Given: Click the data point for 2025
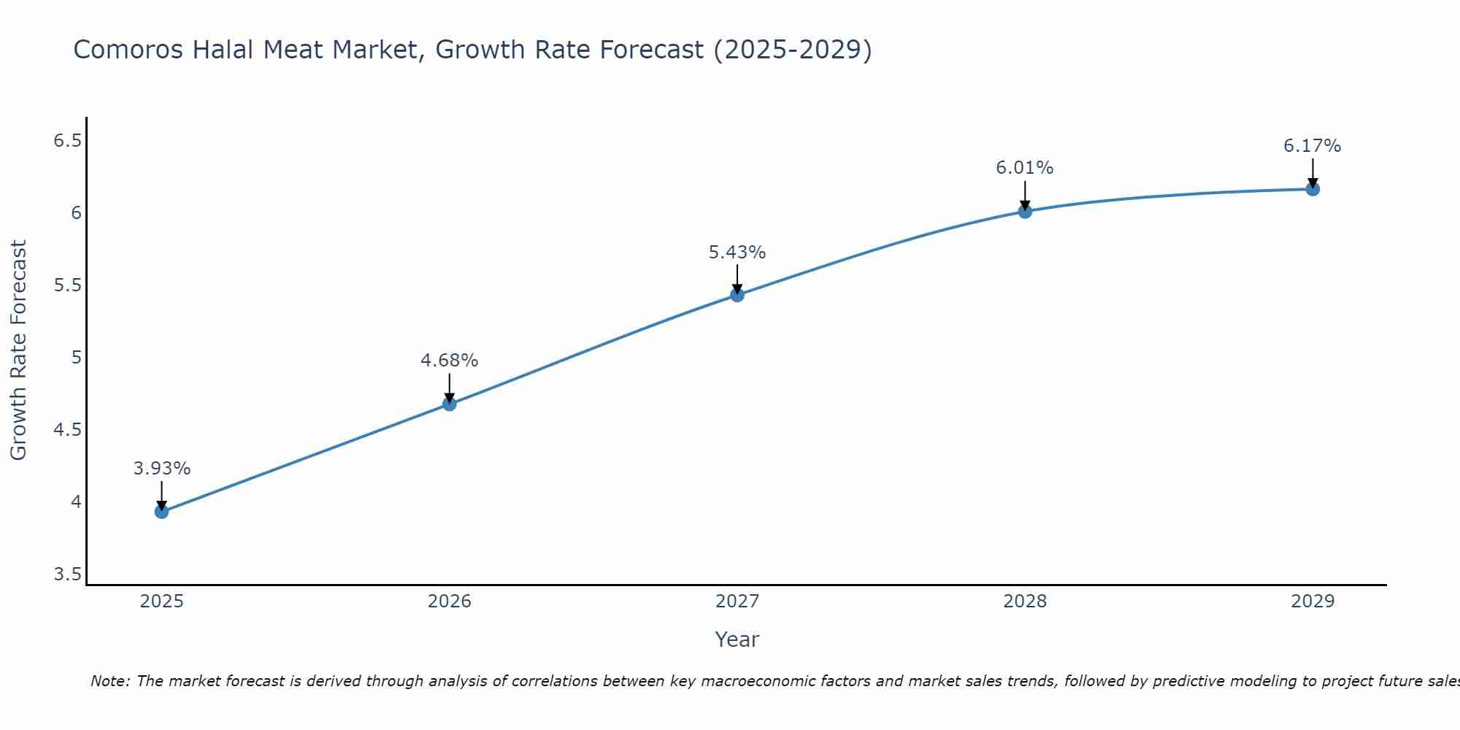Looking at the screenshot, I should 161,512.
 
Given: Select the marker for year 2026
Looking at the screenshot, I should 450,404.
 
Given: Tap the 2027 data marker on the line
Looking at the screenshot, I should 737,295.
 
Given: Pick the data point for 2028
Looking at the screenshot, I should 1025,212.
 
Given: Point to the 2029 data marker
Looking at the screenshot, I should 1313,189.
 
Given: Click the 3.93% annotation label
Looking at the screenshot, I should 162,469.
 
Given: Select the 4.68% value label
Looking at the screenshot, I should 450,361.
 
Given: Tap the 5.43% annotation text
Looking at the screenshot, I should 737,253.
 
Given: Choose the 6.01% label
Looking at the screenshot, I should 1025,168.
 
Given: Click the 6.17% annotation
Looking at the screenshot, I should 1313,146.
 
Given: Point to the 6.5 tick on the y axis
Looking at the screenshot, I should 67,140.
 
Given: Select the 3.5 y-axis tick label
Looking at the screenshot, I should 67,575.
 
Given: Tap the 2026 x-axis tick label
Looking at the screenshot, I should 450,602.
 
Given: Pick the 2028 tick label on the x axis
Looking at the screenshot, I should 1025,602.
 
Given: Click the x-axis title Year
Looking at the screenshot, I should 737,639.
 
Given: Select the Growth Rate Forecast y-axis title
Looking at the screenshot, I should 18,350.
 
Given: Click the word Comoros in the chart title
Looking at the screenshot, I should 128,50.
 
